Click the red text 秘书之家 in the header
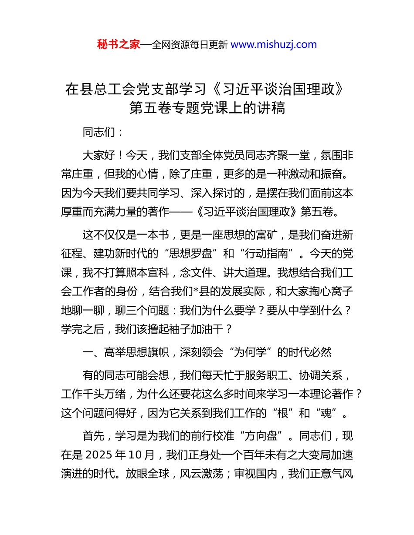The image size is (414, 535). coord(119,44)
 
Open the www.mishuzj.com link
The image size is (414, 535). coord(273,44)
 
